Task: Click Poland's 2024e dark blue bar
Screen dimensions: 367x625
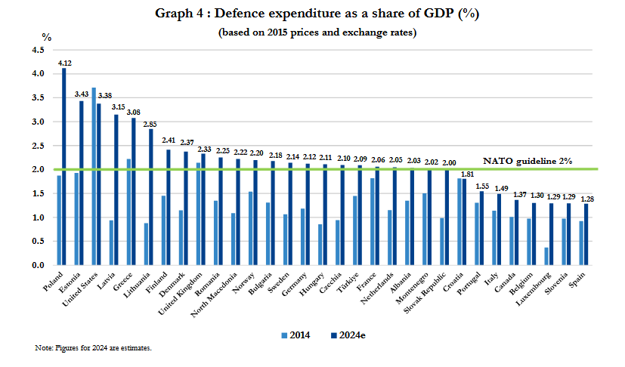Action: tap(64, 166)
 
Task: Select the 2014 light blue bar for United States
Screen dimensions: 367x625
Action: tap(94, 177)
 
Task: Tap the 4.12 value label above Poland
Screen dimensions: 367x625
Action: tap(64, 62)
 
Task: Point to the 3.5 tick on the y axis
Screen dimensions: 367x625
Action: tap(37, 97)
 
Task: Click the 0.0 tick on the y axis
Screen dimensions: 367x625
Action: tap(37, 266)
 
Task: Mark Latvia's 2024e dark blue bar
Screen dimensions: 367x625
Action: tap(116, 190)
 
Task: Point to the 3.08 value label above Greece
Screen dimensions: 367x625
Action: tap(133, 112)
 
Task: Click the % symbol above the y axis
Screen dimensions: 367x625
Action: tap(47, 36)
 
